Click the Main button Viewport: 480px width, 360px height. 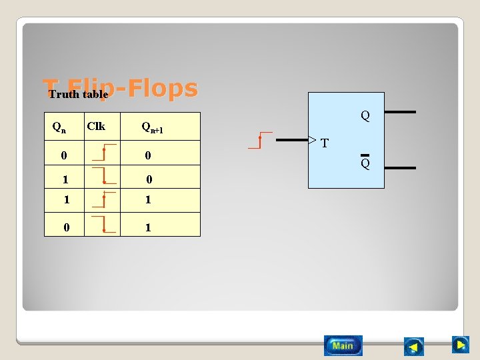[x=343, y=345]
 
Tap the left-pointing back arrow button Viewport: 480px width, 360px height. [x=413, y=347]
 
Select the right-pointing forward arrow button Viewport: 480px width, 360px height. [x=460, y=345]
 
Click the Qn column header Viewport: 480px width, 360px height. [x=59, y=127]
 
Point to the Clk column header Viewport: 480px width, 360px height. [x=96, y=126]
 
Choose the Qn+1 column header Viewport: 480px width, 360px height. [x=152, y=127]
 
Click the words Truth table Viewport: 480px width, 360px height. [x=78, y=95]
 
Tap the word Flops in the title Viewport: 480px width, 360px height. [x=163, y=88]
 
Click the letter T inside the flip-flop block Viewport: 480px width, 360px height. [x=324, y=143]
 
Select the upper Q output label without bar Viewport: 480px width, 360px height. [x=365, y=116]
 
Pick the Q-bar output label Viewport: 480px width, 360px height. [x=365, y=163]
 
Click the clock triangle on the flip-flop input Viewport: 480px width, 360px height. [x=311, y=141]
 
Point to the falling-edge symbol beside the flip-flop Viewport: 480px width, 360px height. [x=260, y=140]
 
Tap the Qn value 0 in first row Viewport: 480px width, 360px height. [x=63, y=156]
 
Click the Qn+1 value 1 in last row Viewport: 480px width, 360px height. [x=148, y=227]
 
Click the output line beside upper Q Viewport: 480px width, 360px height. [x=400, y=112]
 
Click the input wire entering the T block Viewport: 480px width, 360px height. [x=292, y=141]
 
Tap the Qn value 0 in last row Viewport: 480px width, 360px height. [x=67, y=227]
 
